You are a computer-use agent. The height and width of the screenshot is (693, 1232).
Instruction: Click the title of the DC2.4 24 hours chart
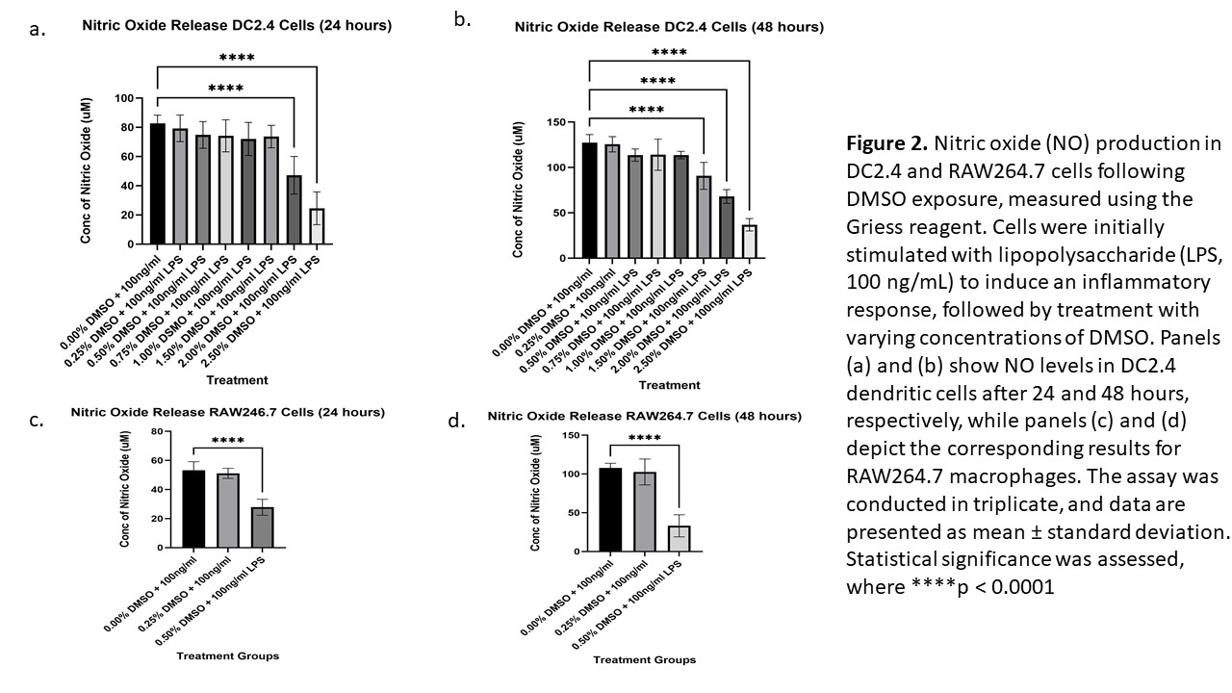click(236, 27)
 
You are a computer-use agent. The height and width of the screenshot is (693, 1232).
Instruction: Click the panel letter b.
click(462, 19)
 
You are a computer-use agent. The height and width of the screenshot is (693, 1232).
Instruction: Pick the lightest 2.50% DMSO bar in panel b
click(748, 242)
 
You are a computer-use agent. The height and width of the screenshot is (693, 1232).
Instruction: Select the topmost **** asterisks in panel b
click(669, 53)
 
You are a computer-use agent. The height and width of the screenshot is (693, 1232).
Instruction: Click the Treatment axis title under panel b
click(669, 385)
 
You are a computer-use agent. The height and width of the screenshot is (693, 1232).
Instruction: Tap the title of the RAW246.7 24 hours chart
click(227, 413)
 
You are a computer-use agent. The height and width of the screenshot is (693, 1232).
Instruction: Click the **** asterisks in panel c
click(227, 443)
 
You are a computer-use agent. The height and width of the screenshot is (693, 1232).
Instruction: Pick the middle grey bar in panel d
click(644, 512)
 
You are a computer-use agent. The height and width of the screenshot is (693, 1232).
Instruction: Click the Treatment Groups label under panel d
click(644, 659)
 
